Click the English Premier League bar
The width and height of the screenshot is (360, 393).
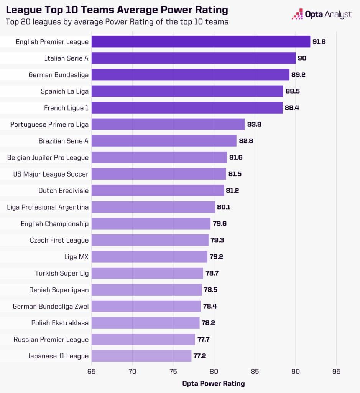(201, 41)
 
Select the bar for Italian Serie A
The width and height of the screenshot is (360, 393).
(194, 58)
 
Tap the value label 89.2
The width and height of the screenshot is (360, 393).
(298, 74)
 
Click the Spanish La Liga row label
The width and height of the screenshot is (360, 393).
(64, 91)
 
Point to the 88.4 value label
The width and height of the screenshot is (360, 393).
(292, 108)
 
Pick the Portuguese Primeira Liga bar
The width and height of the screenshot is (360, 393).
(168, 124)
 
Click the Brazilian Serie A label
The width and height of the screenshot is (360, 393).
(63, 141)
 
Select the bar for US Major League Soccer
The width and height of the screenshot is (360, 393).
(159, 174)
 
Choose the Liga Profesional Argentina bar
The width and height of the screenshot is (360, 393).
(153, 207)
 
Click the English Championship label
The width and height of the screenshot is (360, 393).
(54, 224)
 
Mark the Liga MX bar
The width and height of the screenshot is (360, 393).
(150, 256)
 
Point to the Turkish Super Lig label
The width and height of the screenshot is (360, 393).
(62, 273)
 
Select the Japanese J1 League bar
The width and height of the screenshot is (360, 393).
(141, 356)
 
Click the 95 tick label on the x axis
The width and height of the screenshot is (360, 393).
(336, 372)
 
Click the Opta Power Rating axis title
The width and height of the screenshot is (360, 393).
(213, 383)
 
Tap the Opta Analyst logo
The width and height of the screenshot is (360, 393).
(322, 15)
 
